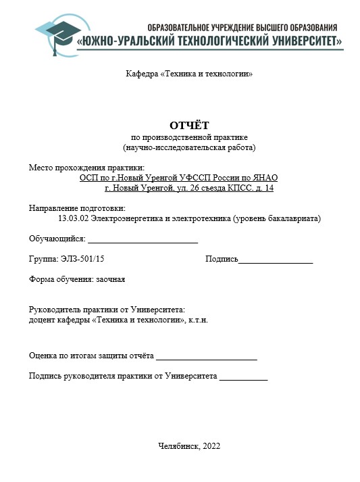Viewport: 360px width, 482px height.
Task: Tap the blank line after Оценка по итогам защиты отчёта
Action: pos(206,356)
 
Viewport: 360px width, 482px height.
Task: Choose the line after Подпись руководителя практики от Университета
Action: pos(243,377)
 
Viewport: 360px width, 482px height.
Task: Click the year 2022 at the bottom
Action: pos(211,446)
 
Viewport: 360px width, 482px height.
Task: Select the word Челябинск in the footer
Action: pos(178,446)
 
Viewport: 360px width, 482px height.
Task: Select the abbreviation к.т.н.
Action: pos(198,319)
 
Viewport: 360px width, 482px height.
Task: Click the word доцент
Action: pos(43,319)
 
